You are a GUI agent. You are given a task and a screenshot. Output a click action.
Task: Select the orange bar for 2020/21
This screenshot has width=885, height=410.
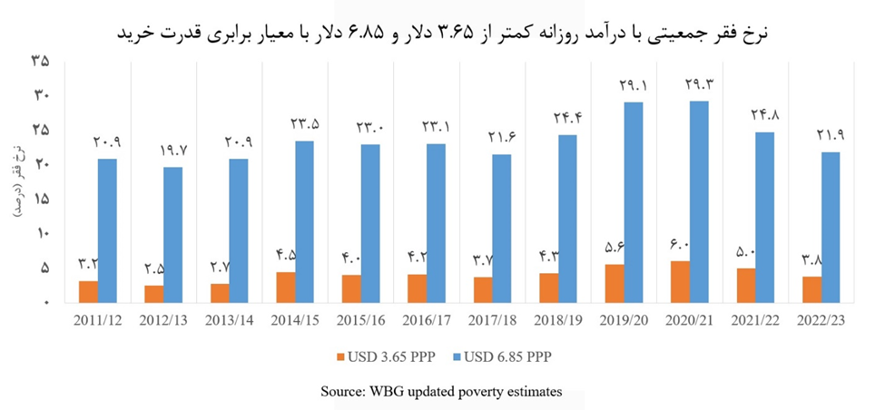tap(680, 281)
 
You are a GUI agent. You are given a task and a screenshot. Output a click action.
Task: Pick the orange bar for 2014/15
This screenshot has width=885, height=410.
tap(285, 287)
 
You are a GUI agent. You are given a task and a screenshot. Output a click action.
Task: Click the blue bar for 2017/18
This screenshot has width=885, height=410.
tap(502, 228)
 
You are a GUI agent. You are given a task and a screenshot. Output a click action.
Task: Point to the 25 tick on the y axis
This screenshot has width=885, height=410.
tap(40, 130)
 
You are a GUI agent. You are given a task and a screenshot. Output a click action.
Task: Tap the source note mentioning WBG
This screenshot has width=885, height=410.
tap(442, 391)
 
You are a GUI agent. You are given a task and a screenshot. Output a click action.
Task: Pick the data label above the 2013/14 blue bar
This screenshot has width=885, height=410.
tap(239, 142)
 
